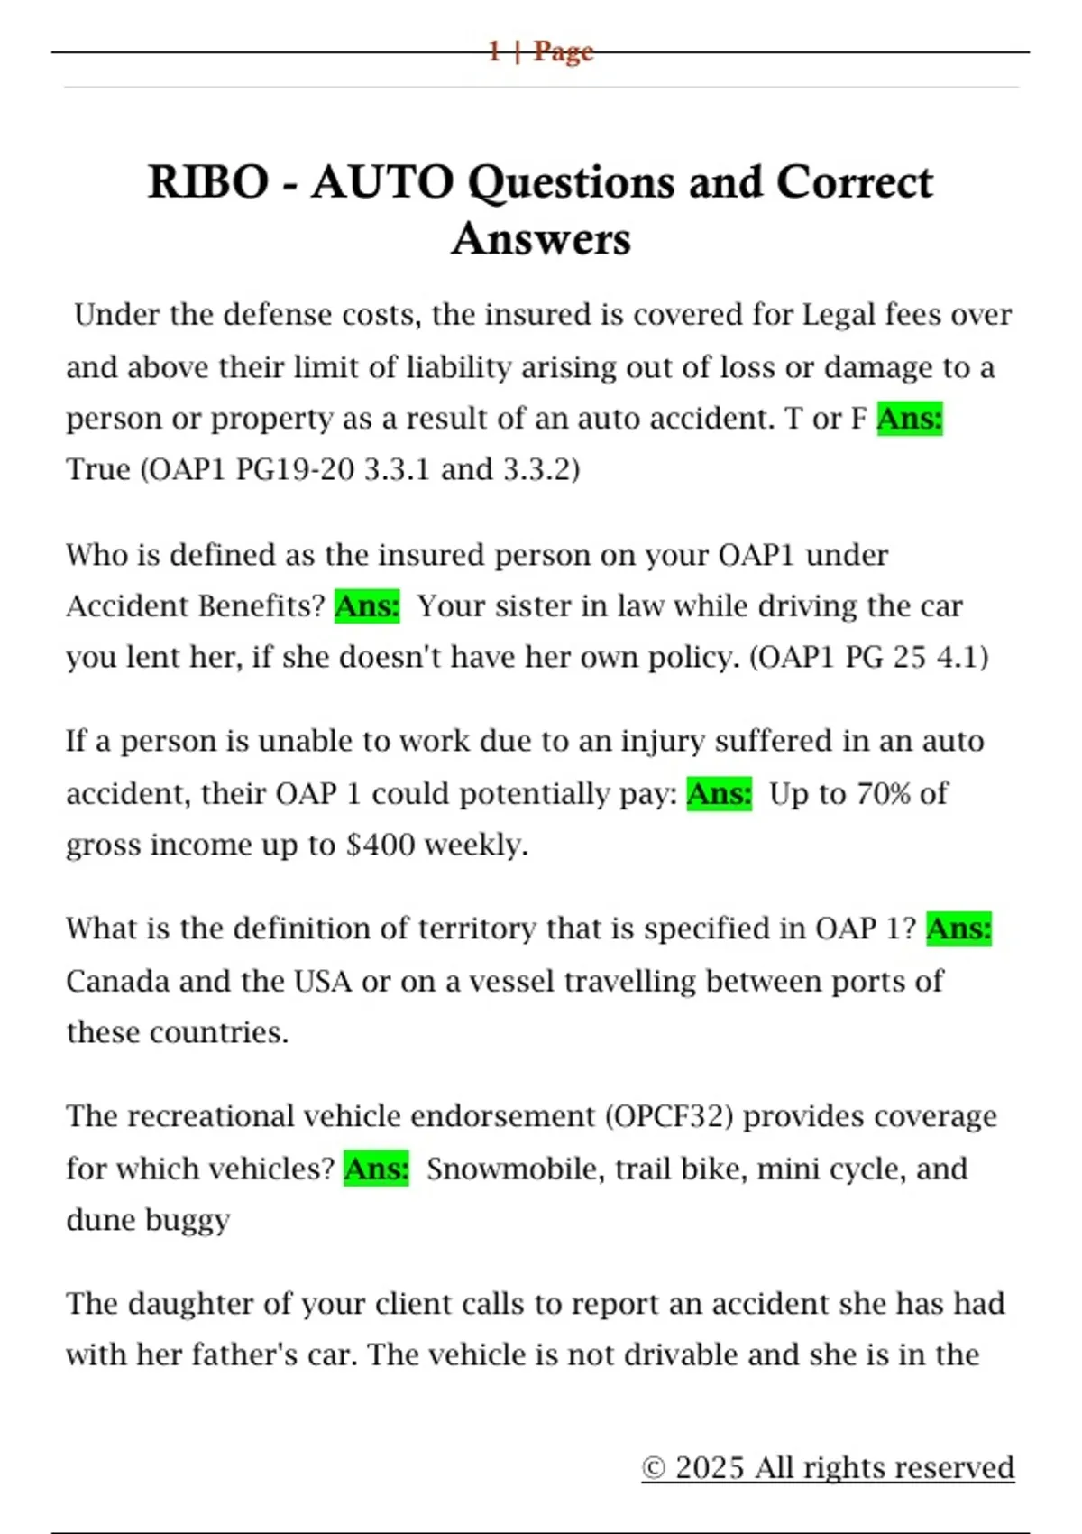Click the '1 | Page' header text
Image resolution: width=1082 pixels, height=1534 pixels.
[540, 51]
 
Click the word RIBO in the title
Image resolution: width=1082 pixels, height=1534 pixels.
[208, 182]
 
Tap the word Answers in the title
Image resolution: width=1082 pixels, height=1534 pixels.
[541, 239]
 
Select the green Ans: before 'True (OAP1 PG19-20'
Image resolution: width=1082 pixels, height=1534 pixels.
[909, 419]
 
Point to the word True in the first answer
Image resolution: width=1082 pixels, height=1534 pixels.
[98, 470]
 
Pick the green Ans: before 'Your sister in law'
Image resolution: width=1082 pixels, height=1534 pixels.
[367, 606]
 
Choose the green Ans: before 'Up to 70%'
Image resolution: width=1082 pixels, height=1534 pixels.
[719, 794]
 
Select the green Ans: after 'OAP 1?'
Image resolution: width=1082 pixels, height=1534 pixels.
[958, 929]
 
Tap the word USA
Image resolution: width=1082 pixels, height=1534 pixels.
[323, 981]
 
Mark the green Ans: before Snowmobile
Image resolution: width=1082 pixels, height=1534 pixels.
[376, 1169]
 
